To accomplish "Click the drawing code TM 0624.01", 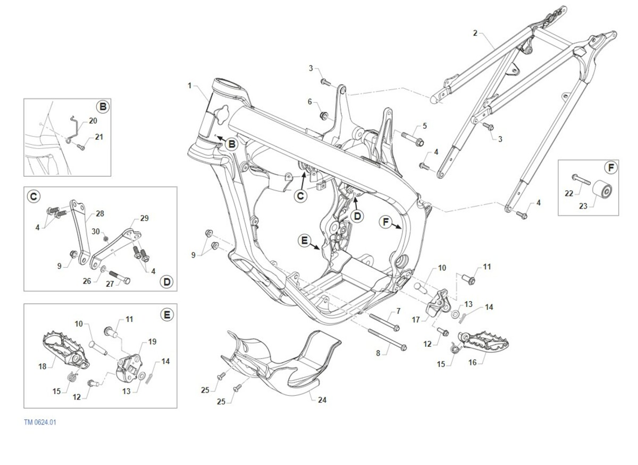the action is (x=40, y=422).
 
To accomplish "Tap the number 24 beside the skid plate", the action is (x=322, y=400).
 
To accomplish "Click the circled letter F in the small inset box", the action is (x=611, y=168).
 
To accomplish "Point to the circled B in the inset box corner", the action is (x=103, y=107).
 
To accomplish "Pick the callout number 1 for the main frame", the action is (x=190, y=86).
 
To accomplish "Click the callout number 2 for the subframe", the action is (x=475, y=33).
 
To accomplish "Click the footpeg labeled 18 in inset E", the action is (x=66, y=350).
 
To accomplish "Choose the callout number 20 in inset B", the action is (x=93, y=121).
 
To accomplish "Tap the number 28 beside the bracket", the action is (x=100, y=213).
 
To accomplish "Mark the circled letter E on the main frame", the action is (x=304, y=240).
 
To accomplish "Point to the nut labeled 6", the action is (x=324, y=115).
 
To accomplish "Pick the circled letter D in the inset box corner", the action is (x=166, y=282).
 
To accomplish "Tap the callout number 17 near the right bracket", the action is (x=416, y=320).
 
